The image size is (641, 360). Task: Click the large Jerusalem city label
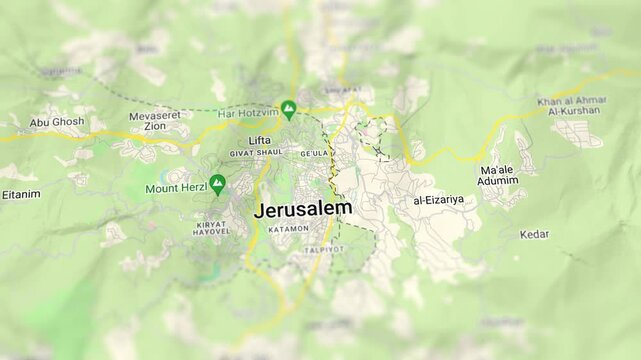click(302, 209)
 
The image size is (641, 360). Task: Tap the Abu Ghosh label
click(57, 122)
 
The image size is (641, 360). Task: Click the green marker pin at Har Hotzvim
click(289, 108)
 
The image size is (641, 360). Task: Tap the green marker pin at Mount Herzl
click(217, 184)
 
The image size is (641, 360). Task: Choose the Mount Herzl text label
click(175, 188)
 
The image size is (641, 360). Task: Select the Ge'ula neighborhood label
click(313, 154)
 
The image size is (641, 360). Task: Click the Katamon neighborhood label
click(288, 229)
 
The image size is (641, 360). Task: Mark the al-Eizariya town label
click(438, 201)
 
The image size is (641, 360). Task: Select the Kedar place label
click(534, 234)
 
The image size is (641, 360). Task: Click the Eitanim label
click(21, 194)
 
